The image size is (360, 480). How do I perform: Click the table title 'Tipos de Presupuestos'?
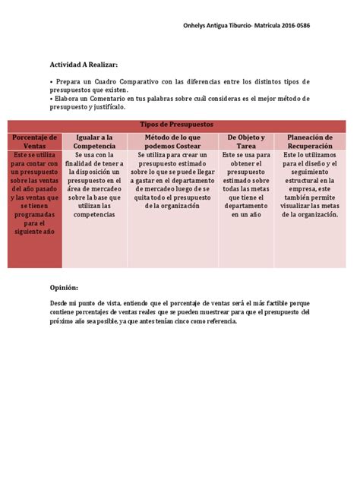coord(178,124)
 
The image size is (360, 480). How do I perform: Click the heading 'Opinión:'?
coord(64,288)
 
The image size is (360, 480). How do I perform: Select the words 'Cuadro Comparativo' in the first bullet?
coord(130,81)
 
